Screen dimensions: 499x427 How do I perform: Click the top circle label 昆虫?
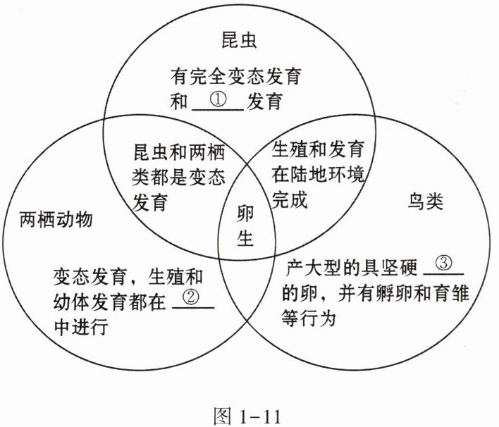click(239, 39)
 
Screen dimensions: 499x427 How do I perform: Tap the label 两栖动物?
click(56, 220)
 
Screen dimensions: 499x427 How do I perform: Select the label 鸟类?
click(426, 202)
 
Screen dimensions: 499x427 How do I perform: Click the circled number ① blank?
click(218, 102)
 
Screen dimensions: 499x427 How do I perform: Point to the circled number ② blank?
click(193, 299)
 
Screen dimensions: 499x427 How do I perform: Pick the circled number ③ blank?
click(443, 266)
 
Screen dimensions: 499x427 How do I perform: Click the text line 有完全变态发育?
click(236, 76)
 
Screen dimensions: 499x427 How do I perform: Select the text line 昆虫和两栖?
click(179, 152)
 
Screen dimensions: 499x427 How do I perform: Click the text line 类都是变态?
click(178, 178)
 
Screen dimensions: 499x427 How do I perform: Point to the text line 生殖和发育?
click(319, 149)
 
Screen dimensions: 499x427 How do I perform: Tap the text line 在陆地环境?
click(319, 174)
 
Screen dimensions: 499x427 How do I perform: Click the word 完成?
click(290, 199)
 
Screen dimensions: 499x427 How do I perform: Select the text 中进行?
click(81, 326)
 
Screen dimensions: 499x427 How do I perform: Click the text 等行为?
click(309, 318)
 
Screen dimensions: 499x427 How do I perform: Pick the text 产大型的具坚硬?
click(351, 268)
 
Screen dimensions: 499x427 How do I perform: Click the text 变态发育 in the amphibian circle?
click(90, 276)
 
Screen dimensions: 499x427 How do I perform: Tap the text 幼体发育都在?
click(109, 302)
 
